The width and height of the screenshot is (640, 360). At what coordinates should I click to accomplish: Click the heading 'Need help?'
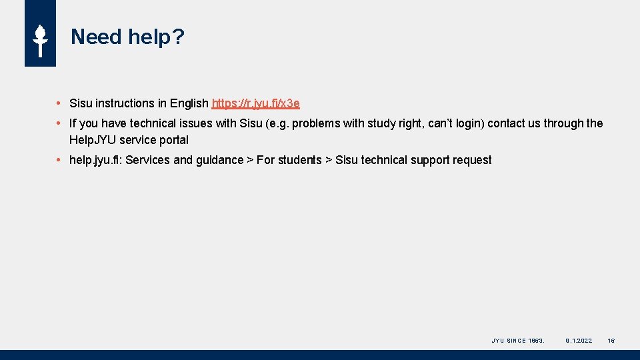click(x=127, y=37)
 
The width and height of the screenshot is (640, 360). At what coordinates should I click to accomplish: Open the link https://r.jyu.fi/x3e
click(x=255, y=103)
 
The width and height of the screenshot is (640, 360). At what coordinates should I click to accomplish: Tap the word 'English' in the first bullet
click(x=189, y=103)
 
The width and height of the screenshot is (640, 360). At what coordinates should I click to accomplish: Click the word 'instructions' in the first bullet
click(x=125, y=103)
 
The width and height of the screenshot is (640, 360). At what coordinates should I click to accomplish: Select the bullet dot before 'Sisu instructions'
click(x=59, y=103)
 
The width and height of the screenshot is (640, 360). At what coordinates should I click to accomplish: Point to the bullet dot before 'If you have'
click(x=59, y=123)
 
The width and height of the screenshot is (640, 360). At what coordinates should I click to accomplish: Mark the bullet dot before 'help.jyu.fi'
click(x=59, y=160)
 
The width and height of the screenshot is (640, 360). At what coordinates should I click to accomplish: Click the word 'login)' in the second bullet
click(x=469, y=123)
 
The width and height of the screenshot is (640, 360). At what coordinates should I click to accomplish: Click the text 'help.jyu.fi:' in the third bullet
click(x=95, y=160)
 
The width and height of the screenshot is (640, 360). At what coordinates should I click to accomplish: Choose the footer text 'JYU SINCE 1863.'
click(x=518, y=341)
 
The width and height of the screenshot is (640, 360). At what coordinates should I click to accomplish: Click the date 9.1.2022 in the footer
click(x=579, y=341)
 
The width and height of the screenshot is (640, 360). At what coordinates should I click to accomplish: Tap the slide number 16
click(x=611, y=341)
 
